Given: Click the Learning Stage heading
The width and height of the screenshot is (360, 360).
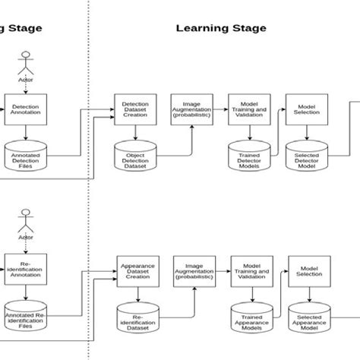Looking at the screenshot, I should coord(221,28).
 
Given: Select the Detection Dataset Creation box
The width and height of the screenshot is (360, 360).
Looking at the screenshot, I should coord(134,108).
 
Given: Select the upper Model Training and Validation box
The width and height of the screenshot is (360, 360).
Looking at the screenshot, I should coord(245,108).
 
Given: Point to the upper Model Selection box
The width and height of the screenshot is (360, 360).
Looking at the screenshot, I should coord(305,108).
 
